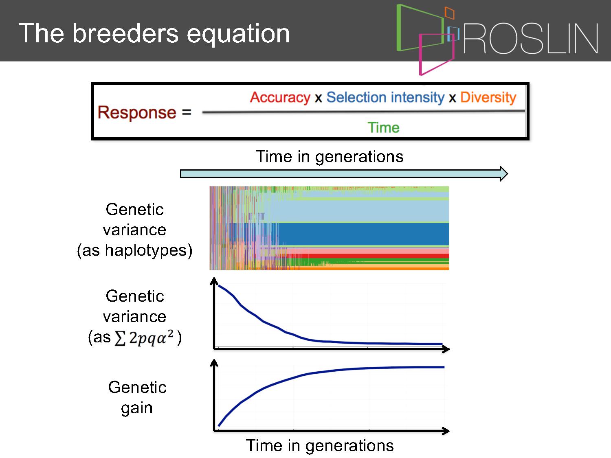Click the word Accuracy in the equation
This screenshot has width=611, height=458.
(x=280, y=98)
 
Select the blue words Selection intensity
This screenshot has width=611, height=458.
(x=385, y=98)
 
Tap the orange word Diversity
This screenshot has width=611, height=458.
(x=488, y=98)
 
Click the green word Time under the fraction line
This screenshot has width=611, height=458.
(x=383, y=128)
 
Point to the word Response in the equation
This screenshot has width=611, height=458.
(x=137, y=113)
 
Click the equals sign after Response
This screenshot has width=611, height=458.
(x=187, y=112)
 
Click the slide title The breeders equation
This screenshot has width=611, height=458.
(x=154, y=34)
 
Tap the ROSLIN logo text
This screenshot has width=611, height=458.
(x=530, y=38)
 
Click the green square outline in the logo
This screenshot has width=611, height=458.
(x=398, y=28)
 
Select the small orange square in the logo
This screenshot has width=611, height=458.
(x=449, y=13)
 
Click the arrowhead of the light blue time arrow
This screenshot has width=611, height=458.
(x=504, y=174)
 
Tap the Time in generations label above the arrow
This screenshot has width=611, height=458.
(x=330, y=156)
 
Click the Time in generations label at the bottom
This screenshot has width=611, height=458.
(x=320, y=445)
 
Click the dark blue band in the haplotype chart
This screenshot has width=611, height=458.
(x=363, y=234)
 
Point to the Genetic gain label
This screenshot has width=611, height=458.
(x=137, y=398)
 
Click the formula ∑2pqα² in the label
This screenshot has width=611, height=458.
(x=144, y=338)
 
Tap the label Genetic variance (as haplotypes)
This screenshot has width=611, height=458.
(x=135, y=230)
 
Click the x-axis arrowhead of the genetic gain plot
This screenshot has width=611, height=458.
(x=446, y=431)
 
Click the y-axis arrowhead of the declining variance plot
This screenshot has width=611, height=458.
(x=214, y=281)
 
